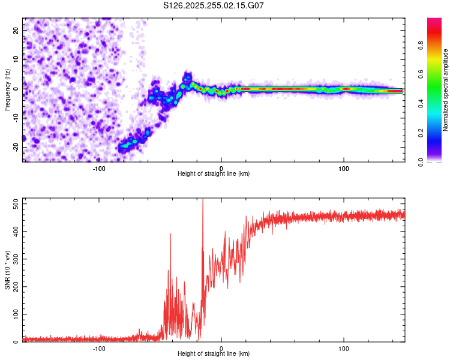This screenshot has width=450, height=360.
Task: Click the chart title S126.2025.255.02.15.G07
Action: coord(214,5)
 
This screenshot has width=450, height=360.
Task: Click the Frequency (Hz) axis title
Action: coord(7,90)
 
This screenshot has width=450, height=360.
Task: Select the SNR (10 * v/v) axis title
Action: coord(7,271)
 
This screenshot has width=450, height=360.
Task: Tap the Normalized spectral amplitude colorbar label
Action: coord(445,90)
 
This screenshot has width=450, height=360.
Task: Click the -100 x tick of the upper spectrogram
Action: coord(99,169)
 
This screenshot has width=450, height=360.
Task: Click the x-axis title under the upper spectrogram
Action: coord(214,174)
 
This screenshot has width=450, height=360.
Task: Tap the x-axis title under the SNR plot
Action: coord(214,355)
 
